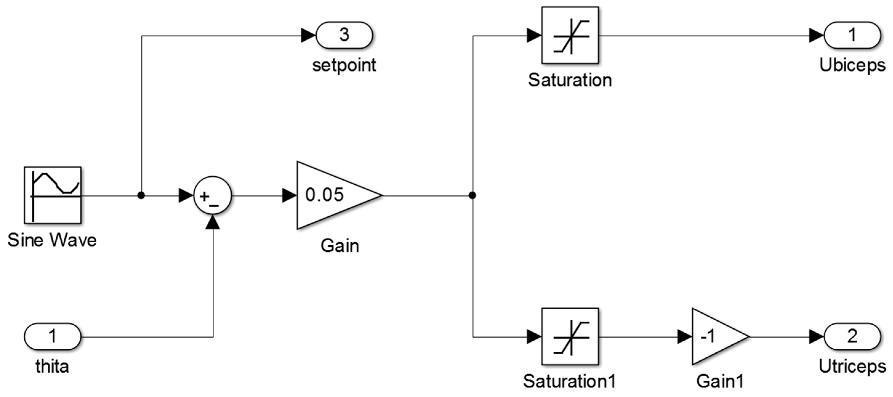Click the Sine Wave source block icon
[x=52, y=195]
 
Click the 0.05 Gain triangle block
[x=333, y=195]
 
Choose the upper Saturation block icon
[x=570, y=35]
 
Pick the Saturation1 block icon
[x=570, y=336]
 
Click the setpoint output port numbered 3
[x=344, y=35]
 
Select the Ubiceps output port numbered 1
[x=852, y=35]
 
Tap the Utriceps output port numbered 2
[x=852, y=336]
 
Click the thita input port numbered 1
[x=52, y=336]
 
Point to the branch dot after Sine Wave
[x=141, y=195]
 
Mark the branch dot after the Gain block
[x=472, y=195]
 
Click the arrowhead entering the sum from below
[x=213, y=222]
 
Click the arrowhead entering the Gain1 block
[x=685, y=336]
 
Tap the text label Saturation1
[x=569, y=381]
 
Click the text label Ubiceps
[x=852, y=66]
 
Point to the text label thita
[x=52, y=367]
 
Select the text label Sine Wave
[x=52, y=240]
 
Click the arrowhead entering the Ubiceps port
[x=816, y=35]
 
